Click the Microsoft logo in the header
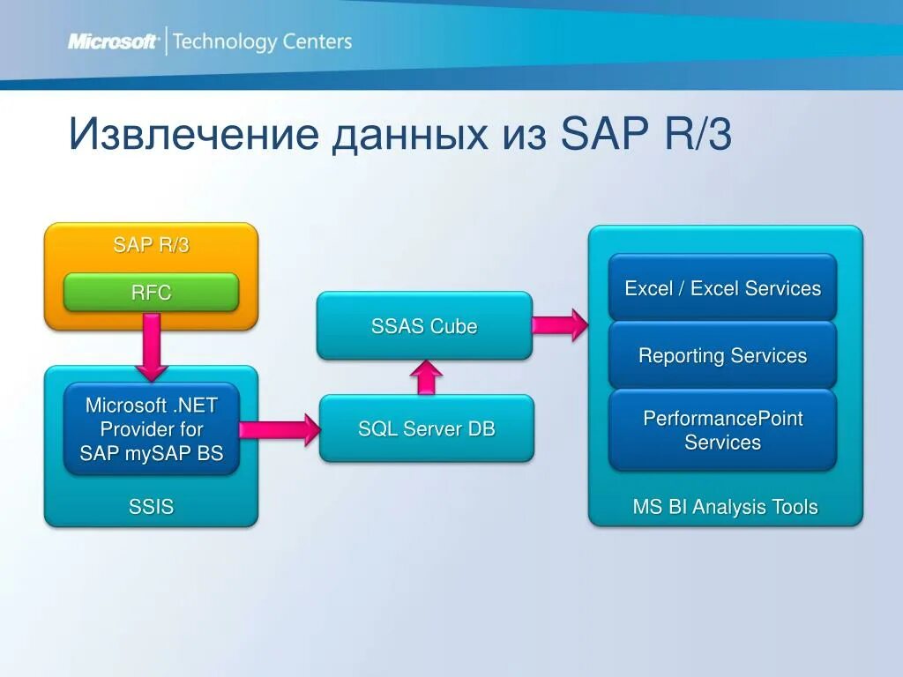point(113,41)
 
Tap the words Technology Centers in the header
point(262,41)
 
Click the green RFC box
point(151,293)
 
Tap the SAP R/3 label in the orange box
point(151,245)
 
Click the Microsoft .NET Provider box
point(151,429)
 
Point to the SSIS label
point(151,506)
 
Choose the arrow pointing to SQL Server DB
point(279,429)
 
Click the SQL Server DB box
point(426,429)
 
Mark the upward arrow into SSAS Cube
point(426,376)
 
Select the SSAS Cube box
point(424,326)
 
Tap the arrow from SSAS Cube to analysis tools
point(560,324)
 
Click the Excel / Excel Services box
point(722,288)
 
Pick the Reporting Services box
point(722,356)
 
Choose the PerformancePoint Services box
point(722,430)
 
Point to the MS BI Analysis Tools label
point(725,507)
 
